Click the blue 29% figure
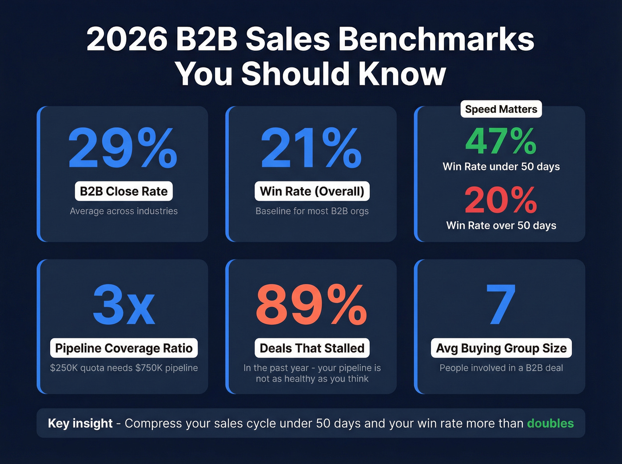click(x=123, y=148)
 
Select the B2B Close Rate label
click(x=124, y=191)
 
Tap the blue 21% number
click(x=311, y=148)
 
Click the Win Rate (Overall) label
click(x=312, y=191)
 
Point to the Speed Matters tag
click(x=501, y=109)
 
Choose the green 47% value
click(x=501, y=141)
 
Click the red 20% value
click(x=501, y=200)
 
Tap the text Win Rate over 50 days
click(x=501, y=226)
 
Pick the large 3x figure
click(x=124, y=305)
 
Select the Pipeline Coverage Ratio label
click(x=124, y=348)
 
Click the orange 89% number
click(x=311, y=305)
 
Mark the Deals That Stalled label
click(x=312, y=348)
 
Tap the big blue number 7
click(x=501, y=305)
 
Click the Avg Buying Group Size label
click(x=501, y=348)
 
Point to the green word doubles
click(x=550, y=424)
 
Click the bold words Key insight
click(x=80, y=424)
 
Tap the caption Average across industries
click(x=124, y=211)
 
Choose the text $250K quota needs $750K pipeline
click(x=124, y=368)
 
